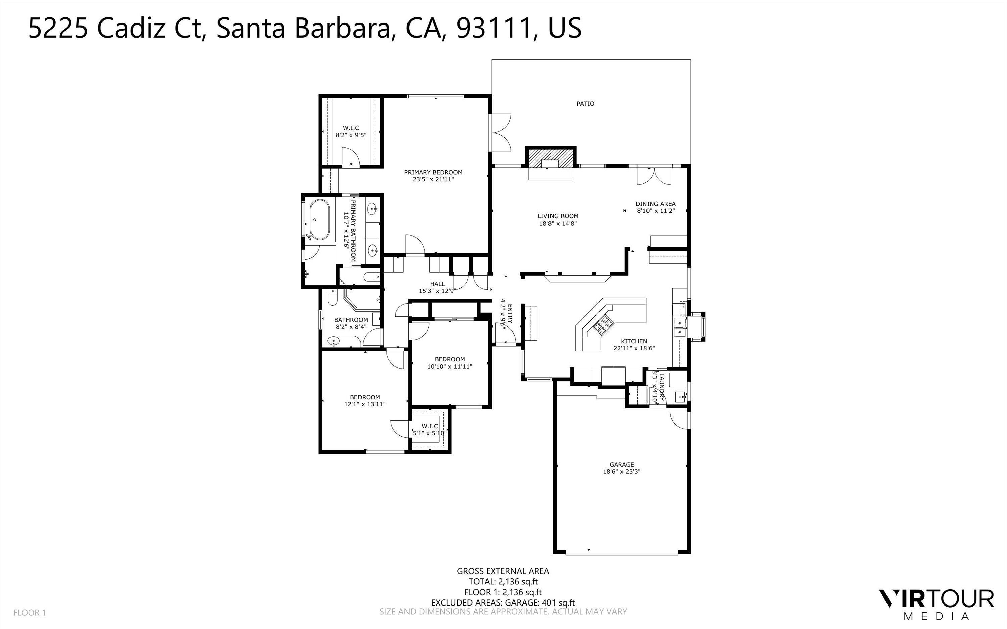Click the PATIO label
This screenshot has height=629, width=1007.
585,104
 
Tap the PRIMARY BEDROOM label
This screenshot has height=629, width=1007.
433,172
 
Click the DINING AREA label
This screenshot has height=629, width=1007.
656,204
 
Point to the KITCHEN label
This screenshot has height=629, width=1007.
634,341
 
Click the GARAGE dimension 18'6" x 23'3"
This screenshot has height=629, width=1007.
621,471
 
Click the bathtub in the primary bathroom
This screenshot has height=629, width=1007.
320,220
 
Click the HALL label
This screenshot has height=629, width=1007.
437,284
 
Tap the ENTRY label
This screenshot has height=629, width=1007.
510,314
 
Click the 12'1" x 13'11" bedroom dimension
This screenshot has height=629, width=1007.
365,404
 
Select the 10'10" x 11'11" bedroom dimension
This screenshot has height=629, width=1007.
450,367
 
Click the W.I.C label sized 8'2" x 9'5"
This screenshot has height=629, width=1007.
351,128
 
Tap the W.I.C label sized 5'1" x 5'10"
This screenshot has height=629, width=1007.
430,426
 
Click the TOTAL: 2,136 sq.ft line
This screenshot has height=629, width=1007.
503,582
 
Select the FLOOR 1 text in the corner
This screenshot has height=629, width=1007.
30,612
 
